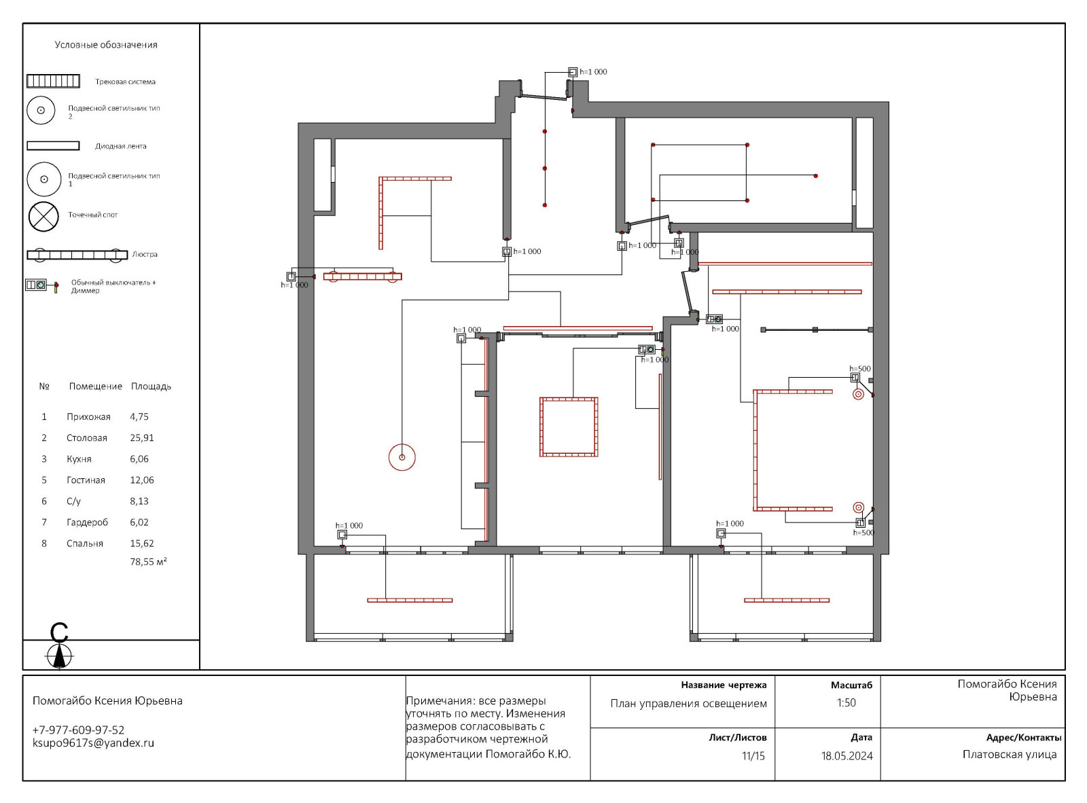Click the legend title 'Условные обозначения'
pos(106,45)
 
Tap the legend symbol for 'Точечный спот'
pos(43,216)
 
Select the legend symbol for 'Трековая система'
pos(53,81)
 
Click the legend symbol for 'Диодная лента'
pos(53,145)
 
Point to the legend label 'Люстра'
pos(145,255)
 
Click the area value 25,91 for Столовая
pos(141,438)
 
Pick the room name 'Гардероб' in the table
pos(87,522)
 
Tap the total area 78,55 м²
pos(148,562)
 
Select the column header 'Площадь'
pos(151,387)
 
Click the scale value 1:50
pos(847,702)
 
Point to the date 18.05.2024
pos(847,756)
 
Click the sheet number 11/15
pos(753,756)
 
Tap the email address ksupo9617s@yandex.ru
pos(93,743)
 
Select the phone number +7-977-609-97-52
pos(78,730)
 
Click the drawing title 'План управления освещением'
pos(689,704)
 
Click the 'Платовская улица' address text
pos(1010,755)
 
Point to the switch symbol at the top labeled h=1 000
pos(573,72)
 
